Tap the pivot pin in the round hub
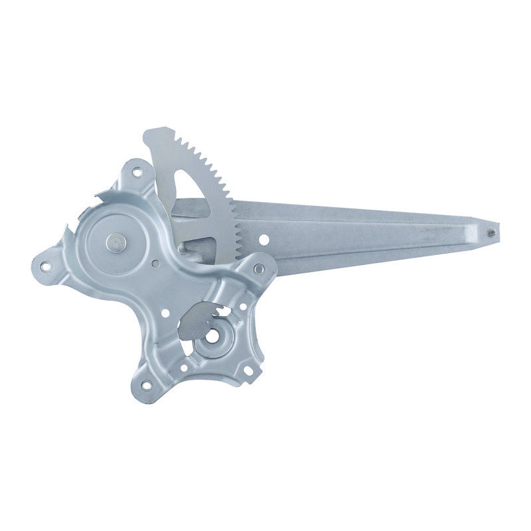pyautogui.click(x=115, y=243)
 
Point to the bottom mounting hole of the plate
pyautogui.click(x=146, y=383)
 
